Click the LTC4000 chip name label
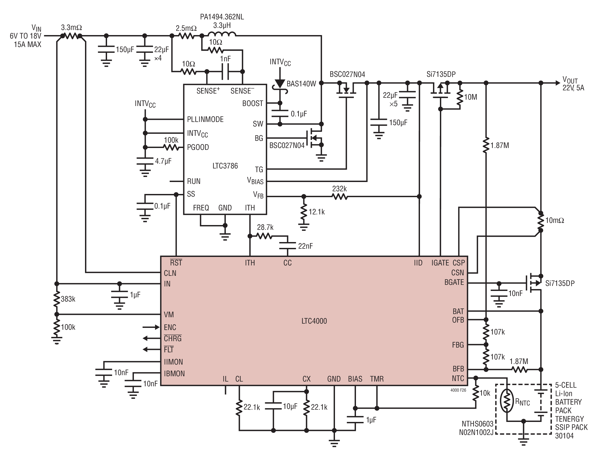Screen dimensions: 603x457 coord(314,321)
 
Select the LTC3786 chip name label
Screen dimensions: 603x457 coord(225,166)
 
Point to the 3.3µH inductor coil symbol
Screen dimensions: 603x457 coord(222,34)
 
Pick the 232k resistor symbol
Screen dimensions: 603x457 coord(339,196)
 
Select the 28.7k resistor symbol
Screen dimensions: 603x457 coord(265,236)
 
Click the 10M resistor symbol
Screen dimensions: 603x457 coord(460,98)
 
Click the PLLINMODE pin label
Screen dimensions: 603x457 coord(205,119)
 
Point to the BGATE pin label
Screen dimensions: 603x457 coord(454,282)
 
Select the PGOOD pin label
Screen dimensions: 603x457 coord(198,147)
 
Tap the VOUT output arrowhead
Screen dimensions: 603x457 coord(558,83)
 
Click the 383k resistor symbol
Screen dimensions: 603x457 coord(56,299)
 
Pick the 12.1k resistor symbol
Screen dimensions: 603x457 coord(303,212)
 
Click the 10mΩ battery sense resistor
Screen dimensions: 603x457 coord(541,222)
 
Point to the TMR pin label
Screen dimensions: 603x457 coord(377,379)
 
